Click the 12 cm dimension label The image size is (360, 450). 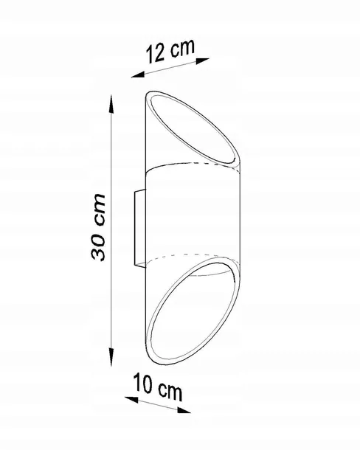point(170,50)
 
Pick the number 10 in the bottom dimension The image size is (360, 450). point(142,383)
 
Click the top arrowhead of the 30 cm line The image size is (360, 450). point(111,104)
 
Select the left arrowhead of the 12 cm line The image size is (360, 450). point(137,75)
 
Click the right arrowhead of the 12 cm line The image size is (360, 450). point(203,60)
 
